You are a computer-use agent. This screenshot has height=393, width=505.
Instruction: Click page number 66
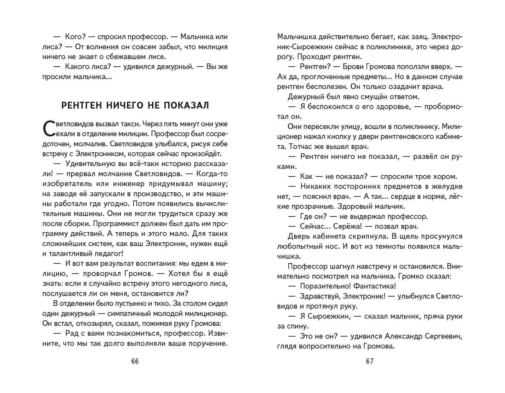pyautogui.click(x=135, y=361)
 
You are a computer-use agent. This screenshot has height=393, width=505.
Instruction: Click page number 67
pyautogui.click(x=370, y=361)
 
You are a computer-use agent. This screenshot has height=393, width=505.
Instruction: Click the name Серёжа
pyautogui.click(x=345, y=226)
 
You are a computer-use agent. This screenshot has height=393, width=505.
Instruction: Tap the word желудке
pyautogui.click(x=448, y=186)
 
